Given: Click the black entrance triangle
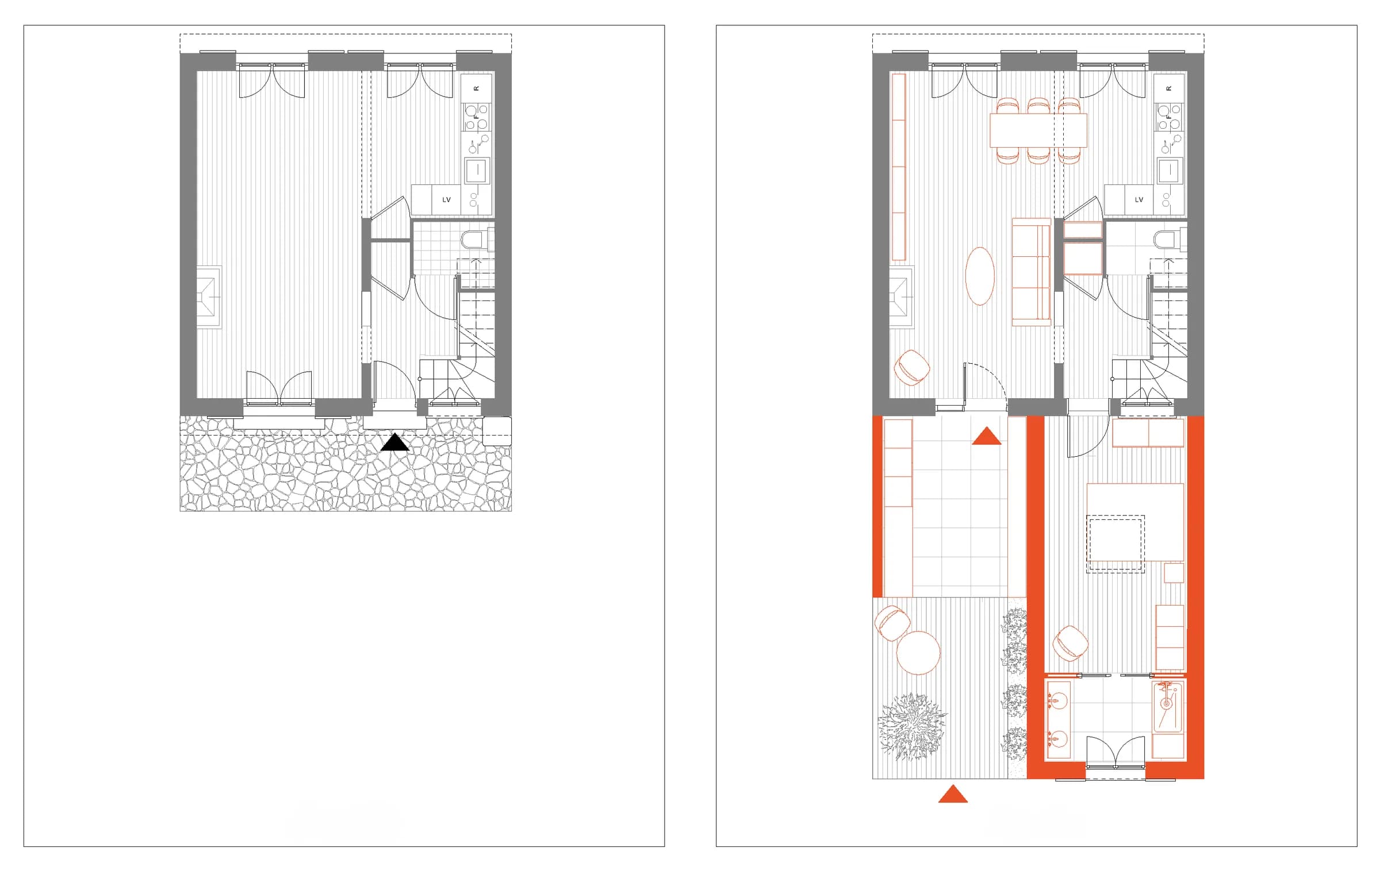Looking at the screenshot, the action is coord(395,443).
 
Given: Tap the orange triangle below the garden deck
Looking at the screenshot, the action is coord(953,794).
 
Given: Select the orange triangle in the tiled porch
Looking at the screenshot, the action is coord(986,437).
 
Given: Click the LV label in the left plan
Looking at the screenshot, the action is coord(446,200).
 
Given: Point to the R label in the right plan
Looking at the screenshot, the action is coord(1168,88).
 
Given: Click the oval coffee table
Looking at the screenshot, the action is coord(979,276).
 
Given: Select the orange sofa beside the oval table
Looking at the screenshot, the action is coord(1032,272).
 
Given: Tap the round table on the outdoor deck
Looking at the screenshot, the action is coord(918,653).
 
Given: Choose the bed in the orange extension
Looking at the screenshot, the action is coord(1135,522).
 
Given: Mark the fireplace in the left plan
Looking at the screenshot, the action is coord(209,298).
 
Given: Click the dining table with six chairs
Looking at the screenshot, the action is coord(1038,130).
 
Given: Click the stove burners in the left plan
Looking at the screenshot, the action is coord(477,117).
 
